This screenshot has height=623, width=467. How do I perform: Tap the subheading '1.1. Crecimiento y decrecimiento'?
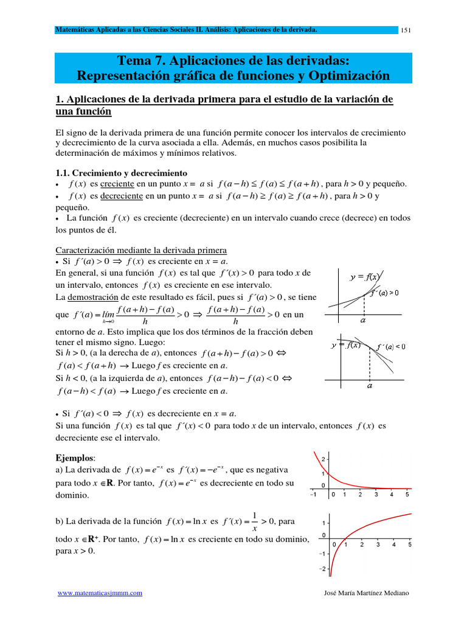click(122, 173)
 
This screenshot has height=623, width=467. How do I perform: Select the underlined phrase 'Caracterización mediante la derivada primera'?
click(141, 250)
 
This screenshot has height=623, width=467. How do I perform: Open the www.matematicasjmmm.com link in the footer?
click(100, 593)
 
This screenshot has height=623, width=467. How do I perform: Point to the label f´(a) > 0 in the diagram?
click(384, 293)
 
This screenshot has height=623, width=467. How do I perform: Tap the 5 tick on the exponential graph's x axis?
click(407, 495)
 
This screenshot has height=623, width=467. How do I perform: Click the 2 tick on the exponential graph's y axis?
click(323, 459)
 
